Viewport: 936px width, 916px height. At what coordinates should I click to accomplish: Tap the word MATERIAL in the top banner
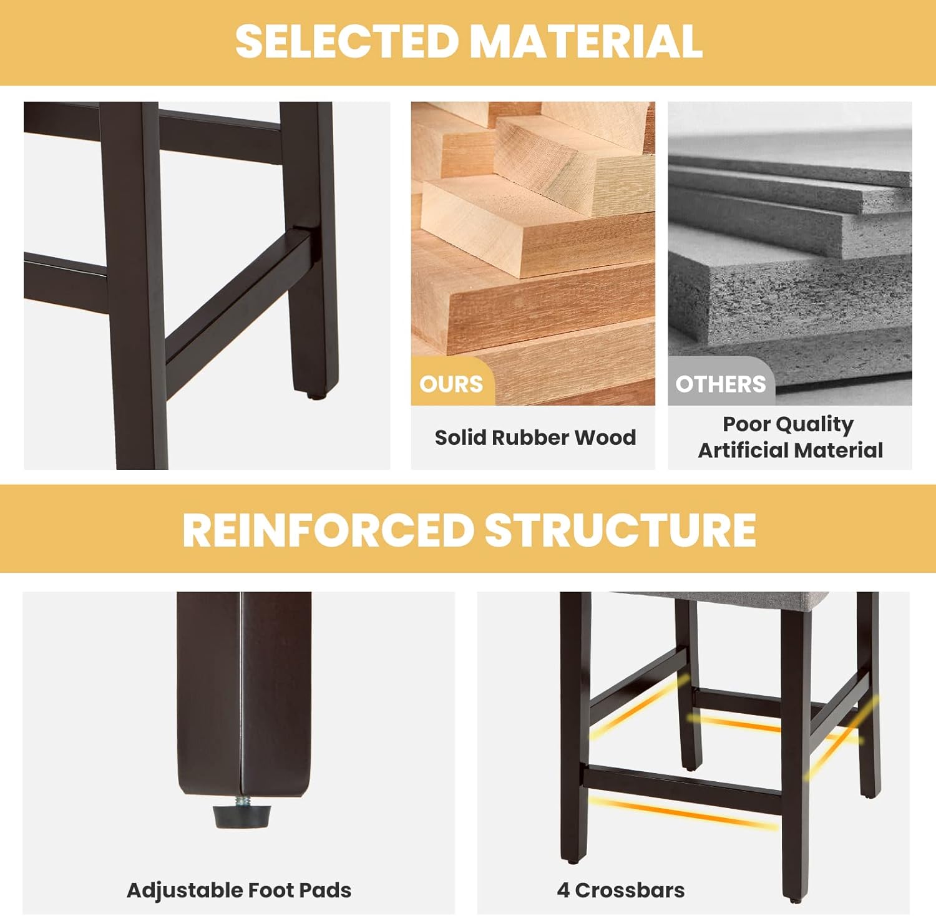586,41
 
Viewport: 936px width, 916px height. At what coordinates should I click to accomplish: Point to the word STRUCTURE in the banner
620,530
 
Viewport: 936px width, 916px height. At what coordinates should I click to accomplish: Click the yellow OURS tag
452,382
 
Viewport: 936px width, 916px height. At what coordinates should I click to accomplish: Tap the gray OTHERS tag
721,382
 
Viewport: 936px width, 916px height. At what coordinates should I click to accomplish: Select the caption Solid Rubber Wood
535,437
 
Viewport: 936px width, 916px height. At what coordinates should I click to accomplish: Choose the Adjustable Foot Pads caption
239,890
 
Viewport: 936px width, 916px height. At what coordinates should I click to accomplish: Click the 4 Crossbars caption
621,890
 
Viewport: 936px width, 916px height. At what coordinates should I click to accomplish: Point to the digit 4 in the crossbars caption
563,890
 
